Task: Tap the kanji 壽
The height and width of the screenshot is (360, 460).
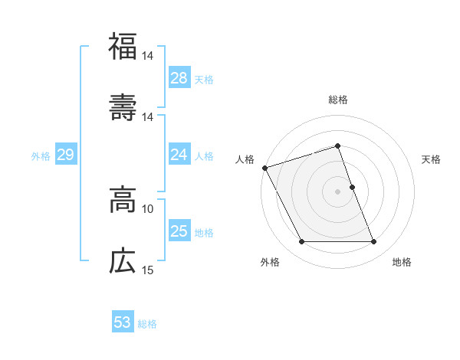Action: tap(123, 106)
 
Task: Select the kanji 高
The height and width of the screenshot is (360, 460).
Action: tap(123, 200)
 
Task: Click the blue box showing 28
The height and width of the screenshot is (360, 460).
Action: tap(179, 78)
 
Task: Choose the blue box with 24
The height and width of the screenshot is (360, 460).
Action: tap(179, 155)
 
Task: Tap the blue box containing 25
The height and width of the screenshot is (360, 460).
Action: tap(179, 231)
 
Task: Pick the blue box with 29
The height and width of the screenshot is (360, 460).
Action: tap(65, 155)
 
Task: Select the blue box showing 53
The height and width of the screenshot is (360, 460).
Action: tap(123, 322)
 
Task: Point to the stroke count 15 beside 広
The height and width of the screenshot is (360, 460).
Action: tap(148, 270)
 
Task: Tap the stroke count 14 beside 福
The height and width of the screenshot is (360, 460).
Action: tap(148, 56)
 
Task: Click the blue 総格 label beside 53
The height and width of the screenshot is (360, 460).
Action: tap(147, 324)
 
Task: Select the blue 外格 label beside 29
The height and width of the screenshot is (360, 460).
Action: tap(41, 156)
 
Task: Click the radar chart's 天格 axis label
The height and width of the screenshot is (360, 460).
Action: tap(432, 159)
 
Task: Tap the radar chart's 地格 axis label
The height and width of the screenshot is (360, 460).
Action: tap(402, 262)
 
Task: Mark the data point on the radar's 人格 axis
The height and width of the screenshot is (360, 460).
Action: tap(264, 168)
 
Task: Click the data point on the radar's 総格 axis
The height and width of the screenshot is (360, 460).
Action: tap(337, 146)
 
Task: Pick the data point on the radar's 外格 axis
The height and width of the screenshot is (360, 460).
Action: tap(301, 242)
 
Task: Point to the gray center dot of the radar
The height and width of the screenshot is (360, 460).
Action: tap(337, 191)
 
